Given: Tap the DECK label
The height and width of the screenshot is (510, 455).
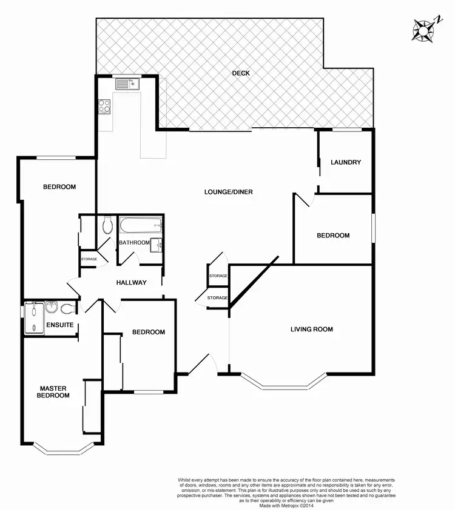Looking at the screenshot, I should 241,73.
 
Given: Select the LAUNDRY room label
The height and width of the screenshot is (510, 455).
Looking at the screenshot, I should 346,162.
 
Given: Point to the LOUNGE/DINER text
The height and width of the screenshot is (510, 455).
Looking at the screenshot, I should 228,192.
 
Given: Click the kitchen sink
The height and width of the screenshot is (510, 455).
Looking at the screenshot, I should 128,84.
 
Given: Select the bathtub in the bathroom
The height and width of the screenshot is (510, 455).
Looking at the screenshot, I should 141,227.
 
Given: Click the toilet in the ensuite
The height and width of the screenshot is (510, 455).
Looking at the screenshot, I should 67,309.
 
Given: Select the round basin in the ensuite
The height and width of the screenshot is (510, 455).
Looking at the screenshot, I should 52,308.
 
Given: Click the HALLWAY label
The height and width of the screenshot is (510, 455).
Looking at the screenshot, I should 132,282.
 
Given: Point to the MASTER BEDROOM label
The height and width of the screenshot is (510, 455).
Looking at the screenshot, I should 54,392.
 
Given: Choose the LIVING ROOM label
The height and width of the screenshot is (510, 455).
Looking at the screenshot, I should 312,330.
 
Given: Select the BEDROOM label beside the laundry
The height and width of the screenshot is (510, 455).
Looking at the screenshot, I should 333,236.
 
